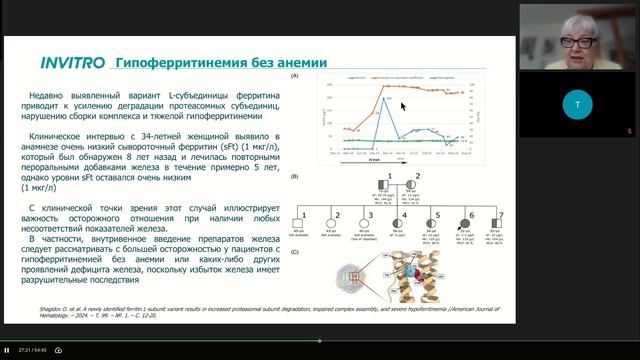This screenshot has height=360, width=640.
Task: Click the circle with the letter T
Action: point(577,104)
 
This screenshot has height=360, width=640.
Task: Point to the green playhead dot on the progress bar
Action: point(320,341)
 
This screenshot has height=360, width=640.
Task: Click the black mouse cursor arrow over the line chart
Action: point(404,105)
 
